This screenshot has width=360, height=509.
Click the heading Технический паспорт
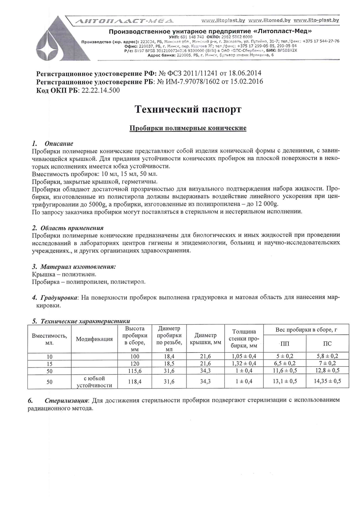point(188,109)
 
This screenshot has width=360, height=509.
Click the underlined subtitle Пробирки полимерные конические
point(188,128)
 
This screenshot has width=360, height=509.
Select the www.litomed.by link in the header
point(269,21)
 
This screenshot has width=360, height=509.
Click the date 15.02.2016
point(246,82)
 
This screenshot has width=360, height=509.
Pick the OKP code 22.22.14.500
point(100,90)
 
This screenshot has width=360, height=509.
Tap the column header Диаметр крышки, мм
point(205,339)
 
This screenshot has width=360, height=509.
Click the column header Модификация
point(94,339)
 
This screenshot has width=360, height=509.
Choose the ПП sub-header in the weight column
point(284,344)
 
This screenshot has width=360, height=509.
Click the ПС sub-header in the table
point(327,344)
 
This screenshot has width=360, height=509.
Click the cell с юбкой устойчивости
point(94,382)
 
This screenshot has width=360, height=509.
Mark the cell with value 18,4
point(169,356)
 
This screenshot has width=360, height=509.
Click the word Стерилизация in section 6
point(67,400)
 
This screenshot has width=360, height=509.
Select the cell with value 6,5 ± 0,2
point(284,364)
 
